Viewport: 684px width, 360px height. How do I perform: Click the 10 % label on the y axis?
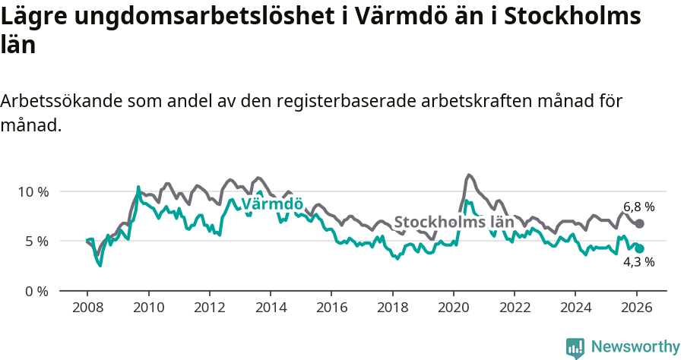(33, 191)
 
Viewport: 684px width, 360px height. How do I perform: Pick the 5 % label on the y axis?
(36, 242)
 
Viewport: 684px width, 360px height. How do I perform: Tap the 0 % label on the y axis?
(36, 292)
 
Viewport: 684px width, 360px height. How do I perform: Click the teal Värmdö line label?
(272, 204)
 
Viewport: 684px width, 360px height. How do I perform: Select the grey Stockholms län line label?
(454, 223)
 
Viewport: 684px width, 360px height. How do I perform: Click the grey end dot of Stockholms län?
(639, 223)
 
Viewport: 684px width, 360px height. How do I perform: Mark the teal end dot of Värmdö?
(639, 248)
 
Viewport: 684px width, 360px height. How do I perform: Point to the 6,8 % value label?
(638, 207)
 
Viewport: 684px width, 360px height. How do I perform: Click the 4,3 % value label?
(638, 262)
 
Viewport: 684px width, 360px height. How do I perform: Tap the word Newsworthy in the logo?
(635, 347)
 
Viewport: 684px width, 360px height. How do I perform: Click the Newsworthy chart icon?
(575, 348)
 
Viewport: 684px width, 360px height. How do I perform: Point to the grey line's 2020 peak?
(468, 175)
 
